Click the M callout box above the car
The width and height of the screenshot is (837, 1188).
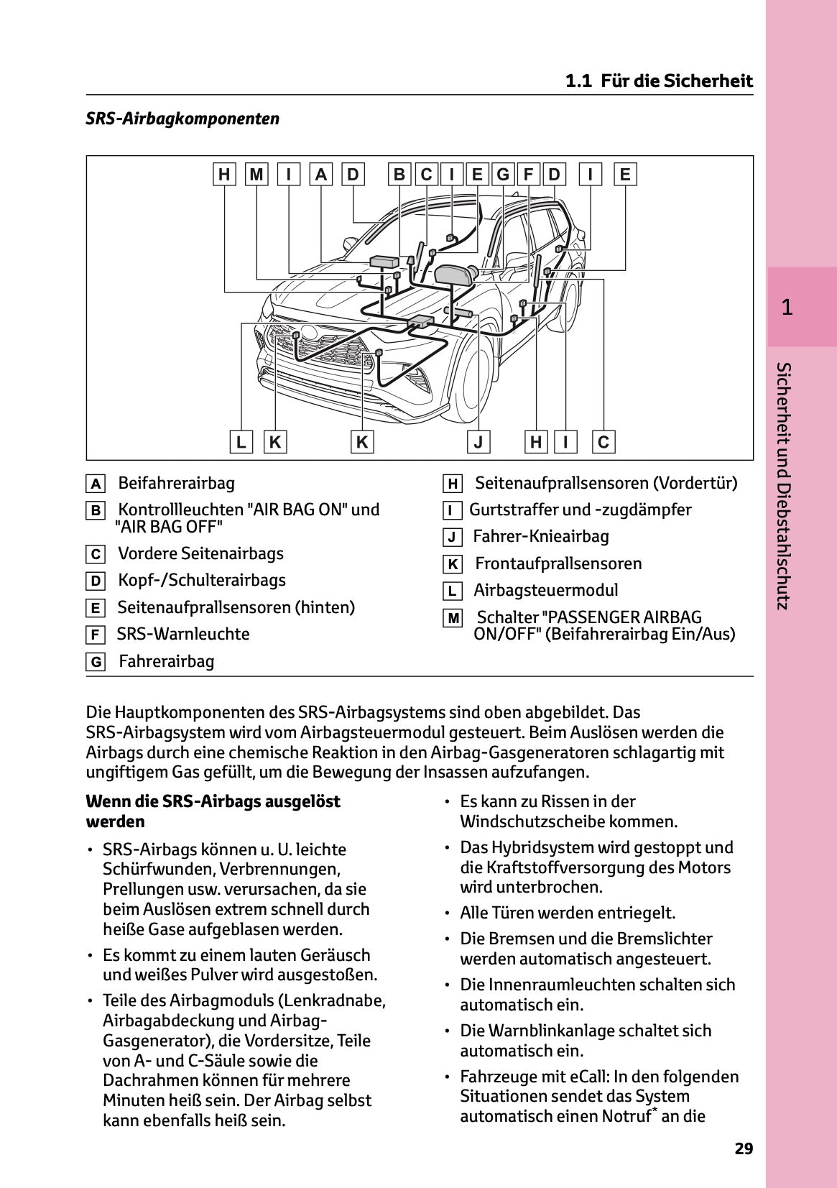pos(256,175)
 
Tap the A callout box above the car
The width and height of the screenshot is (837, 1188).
pos(321,175)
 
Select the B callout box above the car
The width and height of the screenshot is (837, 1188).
pos(399,175)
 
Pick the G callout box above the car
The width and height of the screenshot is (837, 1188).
pos(503,175)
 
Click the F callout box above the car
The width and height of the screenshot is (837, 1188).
pos(528,175)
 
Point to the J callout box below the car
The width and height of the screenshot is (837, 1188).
pos(478,442)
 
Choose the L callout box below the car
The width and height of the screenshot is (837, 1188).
pos(241,442)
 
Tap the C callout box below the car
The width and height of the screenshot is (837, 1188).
pos(604,442)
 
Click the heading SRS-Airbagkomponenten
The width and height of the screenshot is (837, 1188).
pos(182,119)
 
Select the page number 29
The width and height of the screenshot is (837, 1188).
pos(744,1148)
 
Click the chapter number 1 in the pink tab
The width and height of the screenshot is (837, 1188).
pos(787,308)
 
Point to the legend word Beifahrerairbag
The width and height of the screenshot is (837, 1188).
pos(176,483)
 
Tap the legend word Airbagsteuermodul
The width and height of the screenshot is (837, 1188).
pos(545,590)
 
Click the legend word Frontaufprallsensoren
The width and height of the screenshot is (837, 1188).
pos(558,563)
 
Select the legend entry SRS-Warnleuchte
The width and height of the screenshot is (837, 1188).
pos(183,634)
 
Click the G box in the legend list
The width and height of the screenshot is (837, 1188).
pos(95,662)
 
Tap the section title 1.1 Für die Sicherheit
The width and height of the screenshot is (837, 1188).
pos(659,80)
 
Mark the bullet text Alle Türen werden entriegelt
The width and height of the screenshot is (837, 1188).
pos(568,913)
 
